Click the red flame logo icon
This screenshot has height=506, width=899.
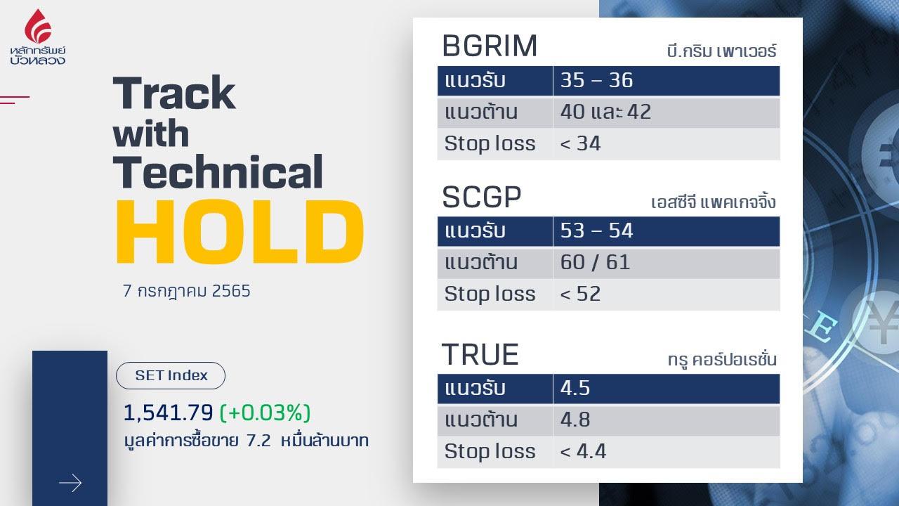(x=38, y=26)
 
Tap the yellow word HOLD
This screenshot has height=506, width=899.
(x=240, y=231)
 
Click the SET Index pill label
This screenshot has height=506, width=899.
(x=171, y=375)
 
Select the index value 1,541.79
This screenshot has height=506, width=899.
(x=168, y=413)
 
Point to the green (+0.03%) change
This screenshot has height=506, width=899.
(x=265, y=413)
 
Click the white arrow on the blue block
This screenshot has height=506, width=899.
(x=70, y=483)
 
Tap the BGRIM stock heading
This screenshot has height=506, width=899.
(x=490, y=46)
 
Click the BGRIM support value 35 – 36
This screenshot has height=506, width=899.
(x=596, y=80)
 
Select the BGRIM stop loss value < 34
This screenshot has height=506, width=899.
(x=580, y=143)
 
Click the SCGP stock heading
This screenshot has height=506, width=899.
(x=482, y=197)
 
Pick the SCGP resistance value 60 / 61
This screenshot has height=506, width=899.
(x=595, y=262)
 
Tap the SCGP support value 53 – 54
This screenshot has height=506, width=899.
(x=596, y=231)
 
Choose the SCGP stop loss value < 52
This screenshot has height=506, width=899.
(x=580, y=294)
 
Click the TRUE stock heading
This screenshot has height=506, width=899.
(x=480, y=355)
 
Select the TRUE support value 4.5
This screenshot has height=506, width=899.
(x=575, y=389)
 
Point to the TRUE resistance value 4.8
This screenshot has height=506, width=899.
(x=575, y=420)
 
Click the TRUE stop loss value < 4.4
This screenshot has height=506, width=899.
(x=583, y=451)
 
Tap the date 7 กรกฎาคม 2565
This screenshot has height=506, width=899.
(x=187, y=291)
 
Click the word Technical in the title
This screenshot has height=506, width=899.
(x=218, y=171)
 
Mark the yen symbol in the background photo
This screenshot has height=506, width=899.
(x=882, y=321)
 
